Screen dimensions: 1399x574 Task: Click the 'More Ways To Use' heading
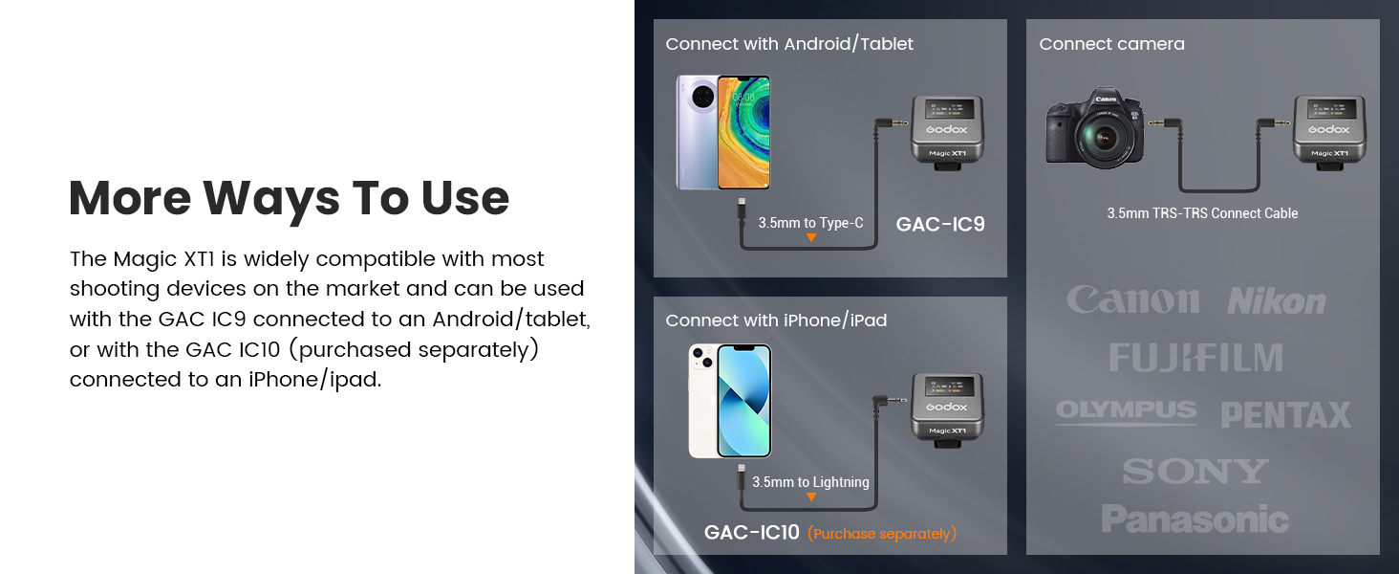coord(290,199)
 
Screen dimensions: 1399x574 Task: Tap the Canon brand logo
coord(1133,299)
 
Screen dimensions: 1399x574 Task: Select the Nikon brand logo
coord(1276,302)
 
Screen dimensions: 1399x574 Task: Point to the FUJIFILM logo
coord(1195,358)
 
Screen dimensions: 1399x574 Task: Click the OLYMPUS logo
coord(1126,410)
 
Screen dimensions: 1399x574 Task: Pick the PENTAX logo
coord(1286,414)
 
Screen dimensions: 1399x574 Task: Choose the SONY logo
coord(1195,471)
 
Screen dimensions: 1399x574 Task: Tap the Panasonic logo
coord(1195,519)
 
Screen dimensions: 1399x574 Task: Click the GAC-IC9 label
coord(940,224)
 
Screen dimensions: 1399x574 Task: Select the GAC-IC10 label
coord(751,532)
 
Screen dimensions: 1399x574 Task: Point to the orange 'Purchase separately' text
coord(882,534)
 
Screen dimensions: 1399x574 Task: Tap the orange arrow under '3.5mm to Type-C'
coord(811,237)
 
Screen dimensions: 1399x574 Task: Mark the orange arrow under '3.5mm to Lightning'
coord(811,497)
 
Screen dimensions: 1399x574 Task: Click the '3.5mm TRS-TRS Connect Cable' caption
coord(1202,213)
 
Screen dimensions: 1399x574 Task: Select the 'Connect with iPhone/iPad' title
coord(776,320)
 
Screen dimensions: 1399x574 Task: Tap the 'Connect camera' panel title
coord(1111,44)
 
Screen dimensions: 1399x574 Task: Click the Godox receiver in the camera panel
coord(1329,132)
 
